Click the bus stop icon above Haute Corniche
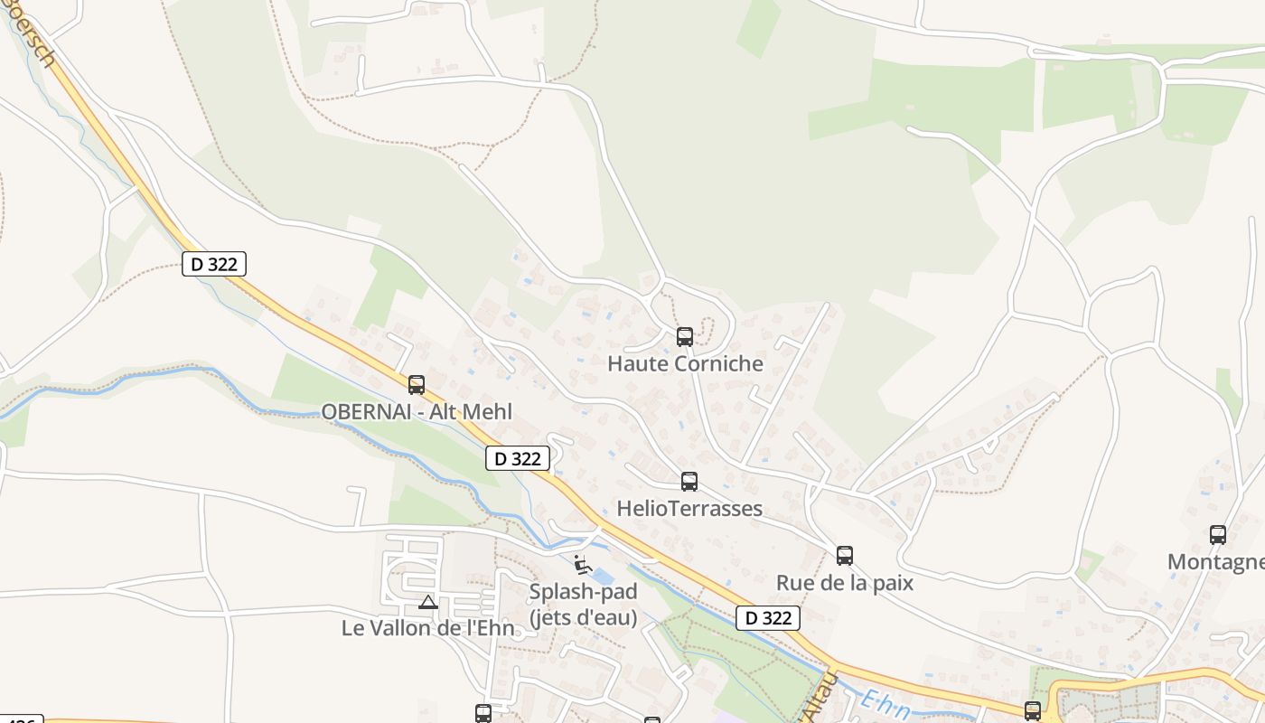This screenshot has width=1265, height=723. point(685,337)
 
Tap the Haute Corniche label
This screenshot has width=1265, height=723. point(685,364)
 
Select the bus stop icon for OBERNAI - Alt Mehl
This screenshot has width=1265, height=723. point(417,385)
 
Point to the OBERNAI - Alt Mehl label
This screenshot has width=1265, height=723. point(417,412)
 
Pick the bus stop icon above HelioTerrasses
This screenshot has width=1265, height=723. point(689,482)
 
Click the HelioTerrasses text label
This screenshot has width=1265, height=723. point(689,509)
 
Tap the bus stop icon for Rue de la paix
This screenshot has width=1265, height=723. point(845,556)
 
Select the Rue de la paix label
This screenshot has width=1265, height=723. point(845,583)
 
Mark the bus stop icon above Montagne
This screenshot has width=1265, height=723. point(1218,535)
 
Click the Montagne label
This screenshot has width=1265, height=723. point(1215,562)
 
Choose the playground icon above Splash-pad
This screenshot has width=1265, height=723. point(583,565)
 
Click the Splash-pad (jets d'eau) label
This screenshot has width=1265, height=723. point(583,605)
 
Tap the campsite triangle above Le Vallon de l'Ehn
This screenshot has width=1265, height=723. point(428,602)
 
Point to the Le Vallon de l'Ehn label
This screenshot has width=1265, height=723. point(428,628)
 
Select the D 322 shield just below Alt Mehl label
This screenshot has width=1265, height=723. point(518,458)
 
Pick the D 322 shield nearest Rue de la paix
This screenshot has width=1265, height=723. point(768,618)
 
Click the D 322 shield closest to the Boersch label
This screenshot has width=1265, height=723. point(214,264)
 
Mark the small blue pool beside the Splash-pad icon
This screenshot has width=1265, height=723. point(603,576)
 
